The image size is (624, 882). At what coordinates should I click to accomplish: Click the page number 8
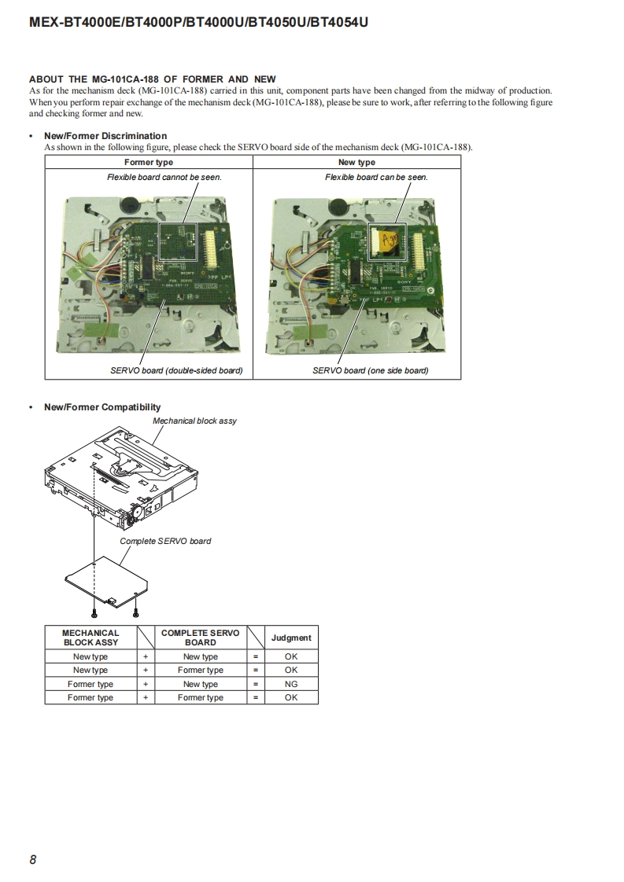[33, 859]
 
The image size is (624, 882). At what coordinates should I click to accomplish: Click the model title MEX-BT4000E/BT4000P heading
[198, 23]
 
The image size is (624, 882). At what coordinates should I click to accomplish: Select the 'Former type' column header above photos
[149, 162]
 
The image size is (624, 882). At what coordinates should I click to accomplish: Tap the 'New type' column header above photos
[356, 162]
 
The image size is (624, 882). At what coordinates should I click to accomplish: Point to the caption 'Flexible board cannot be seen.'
[164, 177]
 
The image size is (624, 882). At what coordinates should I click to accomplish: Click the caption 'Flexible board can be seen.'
[376, 177]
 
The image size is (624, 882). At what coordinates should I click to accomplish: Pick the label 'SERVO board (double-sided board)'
[176, 370]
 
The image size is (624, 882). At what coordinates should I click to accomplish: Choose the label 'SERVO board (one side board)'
[370, 370]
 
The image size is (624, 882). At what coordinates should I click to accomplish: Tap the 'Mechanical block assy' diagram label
[194, 421]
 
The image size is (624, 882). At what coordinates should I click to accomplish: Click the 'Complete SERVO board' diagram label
[165, 541]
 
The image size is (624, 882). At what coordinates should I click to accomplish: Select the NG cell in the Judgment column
[291, 684]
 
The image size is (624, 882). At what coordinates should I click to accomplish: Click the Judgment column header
[291, 638]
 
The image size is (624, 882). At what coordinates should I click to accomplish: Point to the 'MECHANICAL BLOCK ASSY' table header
[90, 638]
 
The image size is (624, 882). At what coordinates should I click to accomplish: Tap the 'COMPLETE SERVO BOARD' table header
[200, 638]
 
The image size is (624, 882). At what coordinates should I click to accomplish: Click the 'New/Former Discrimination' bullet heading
[105, 136]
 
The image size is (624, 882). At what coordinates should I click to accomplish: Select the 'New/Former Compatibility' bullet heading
[102, 407]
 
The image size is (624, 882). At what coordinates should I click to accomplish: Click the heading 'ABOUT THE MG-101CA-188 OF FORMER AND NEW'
[153, 79]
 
